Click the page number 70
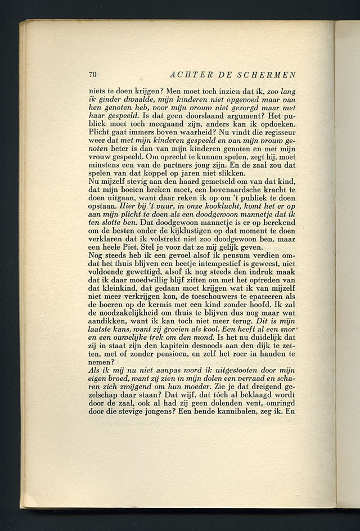[93, 75]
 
